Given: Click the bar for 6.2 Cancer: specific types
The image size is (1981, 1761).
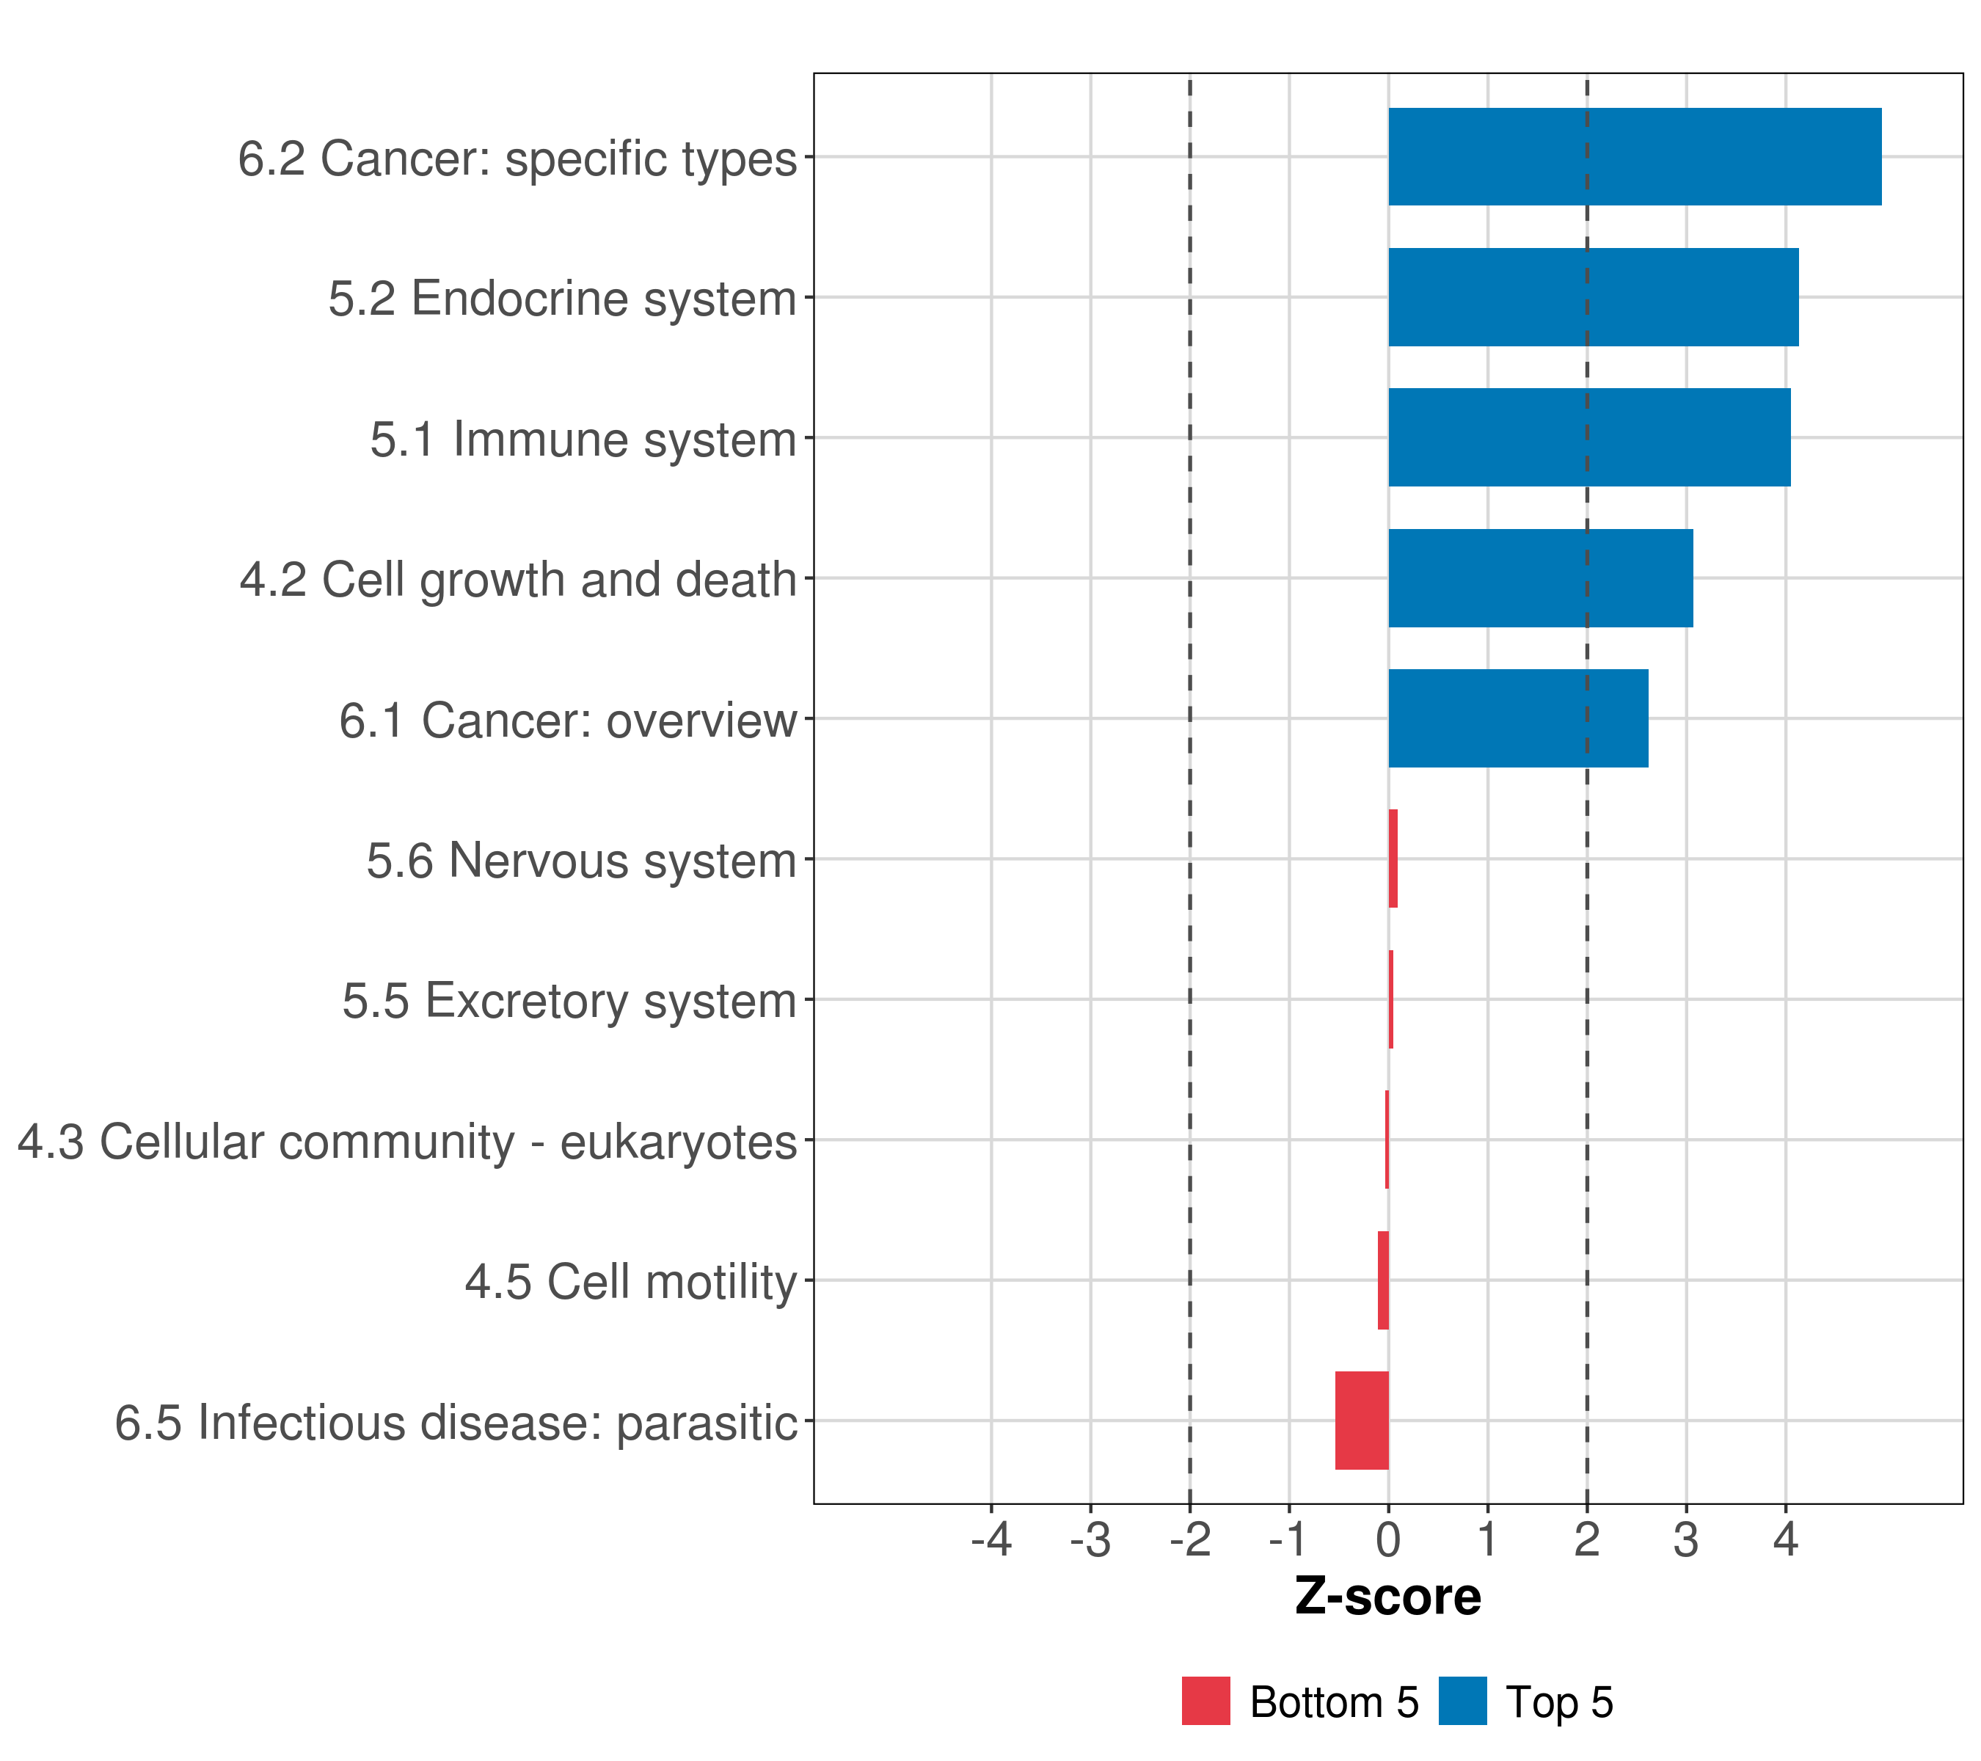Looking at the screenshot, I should click(1634, 157).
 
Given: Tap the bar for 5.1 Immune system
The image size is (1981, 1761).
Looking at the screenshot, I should click(1588, 438).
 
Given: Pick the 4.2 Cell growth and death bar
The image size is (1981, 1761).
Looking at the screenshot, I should click(1540, 579).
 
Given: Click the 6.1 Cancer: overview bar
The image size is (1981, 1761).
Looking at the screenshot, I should click(1518, 719).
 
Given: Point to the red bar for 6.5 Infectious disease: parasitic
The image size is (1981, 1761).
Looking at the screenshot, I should click(1362, 1421).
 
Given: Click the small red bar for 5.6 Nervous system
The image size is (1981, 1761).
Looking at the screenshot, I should click(1393, 858).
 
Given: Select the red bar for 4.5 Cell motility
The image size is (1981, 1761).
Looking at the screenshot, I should click(1383, 1280).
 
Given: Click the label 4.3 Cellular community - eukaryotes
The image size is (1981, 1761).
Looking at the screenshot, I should click(407, 1142).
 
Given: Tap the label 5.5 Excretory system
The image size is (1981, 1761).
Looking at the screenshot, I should click(569, 1001).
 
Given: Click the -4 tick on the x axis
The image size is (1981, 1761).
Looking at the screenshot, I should click(991, 1540).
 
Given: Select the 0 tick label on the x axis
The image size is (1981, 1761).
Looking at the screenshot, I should click(1388, 1540).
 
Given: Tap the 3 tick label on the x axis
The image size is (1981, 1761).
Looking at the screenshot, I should click(1685, 1540).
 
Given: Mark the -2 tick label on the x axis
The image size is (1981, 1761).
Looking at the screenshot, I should click(1189, 1540).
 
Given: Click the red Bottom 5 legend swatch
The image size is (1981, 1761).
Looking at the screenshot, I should click(1205, 1701).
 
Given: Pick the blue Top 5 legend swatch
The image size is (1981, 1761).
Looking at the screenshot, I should click(1462, 1701).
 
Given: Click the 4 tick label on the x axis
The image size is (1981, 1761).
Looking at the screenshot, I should click(1785, 1540).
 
